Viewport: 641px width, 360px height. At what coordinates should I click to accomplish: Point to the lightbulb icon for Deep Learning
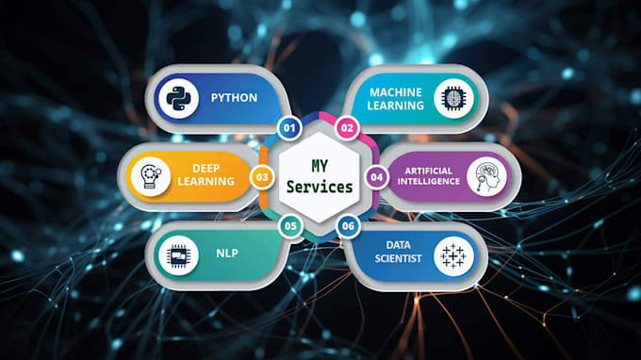(x=150, y=176)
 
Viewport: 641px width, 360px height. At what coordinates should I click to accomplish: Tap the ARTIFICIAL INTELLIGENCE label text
(x=427, y=175)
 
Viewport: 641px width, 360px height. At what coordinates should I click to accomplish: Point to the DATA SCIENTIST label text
(x=396, y=255)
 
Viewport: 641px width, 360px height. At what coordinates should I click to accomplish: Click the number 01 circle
(x=289, y=127)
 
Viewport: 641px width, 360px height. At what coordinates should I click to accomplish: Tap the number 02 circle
(x=347, y=127)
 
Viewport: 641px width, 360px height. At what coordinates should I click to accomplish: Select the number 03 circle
(x=261, y=176)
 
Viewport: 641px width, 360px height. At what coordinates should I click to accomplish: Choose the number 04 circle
(x=376, y=176)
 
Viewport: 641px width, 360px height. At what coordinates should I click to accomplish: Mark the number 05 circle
(x=290, y=226)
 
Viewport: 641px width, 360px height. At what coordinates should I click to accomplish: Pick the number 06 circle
(x=348, y=226)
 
